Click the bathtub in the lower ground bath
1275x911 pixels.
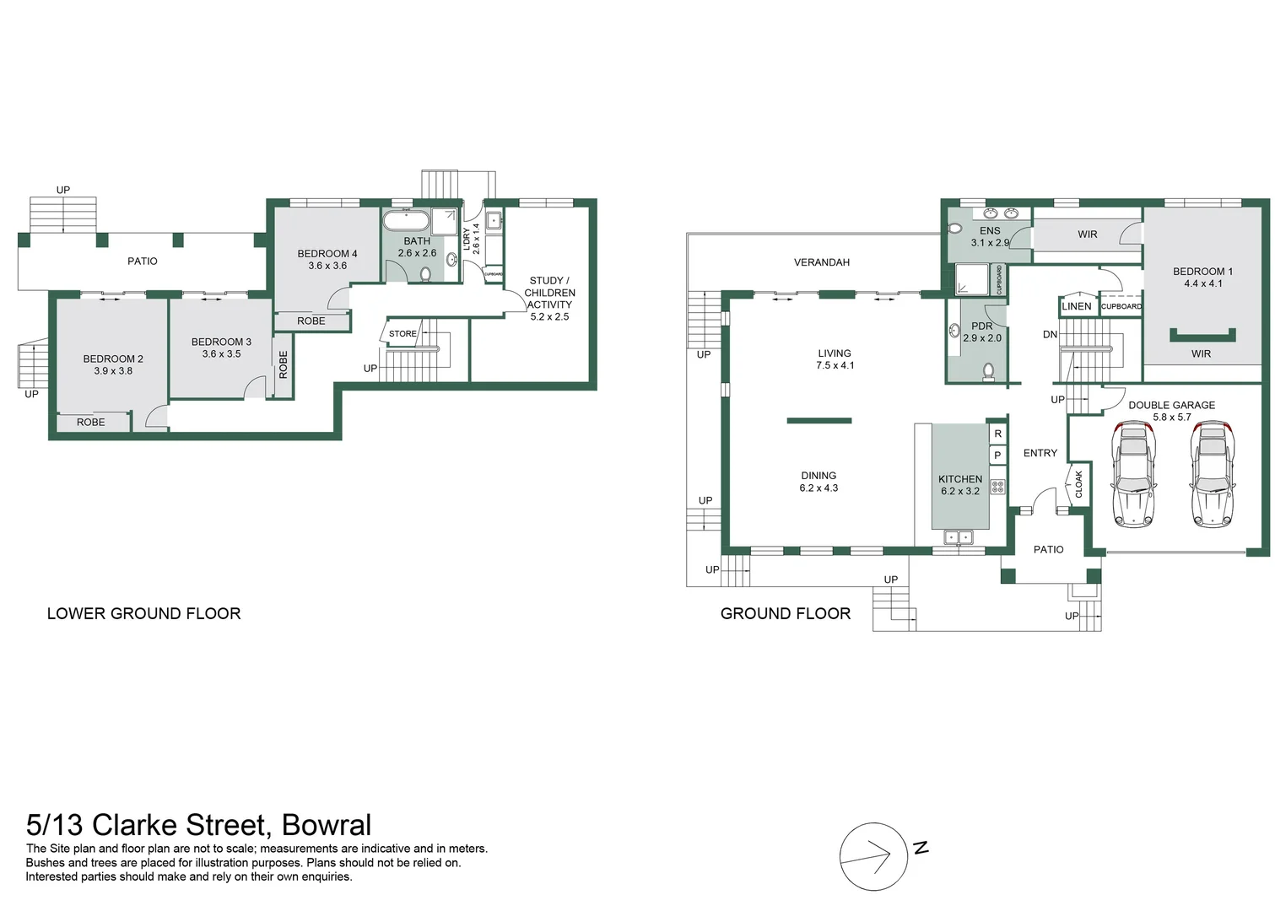(x=406, y=222)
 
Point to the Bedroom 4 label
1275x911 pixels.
(x=327, y=253)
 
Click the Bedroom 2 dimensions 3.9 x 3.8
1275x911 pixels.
(x=113, y=371)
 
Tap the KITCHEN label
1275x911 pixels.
(x=960, y=478)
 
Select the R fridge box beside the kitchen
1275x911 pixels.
(x=997, y=434)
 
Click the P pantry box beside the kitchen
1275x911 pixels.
(x=997, y=455)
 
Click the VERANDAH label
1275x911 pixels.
(x=821, y=262)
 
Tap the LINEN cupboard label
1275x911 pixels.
(x=1076, y=306)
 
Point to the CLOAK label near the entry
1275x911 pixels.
(x=1079, y=483)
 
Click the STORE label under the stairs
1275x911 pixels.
(x=402, y=334)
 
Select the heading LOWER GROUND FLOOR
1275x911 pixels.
(x=143, y=613)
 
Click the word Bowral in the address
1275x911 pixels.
(x=327, y=824)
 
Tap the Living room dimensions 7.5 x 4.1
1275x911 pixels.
(x=835, y=366)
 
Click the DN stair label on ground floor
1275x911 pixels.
(x=1050, y=334)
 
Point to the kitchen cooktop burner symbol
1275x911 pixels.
(x=997, y=487)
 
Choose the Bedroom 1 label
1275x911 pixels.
(x=1202, y=272)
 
